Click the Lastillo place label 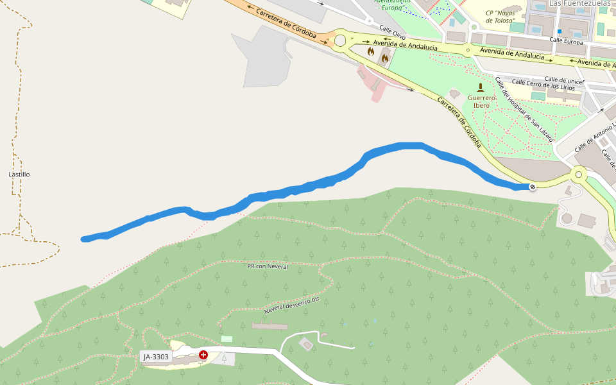coord(19,174)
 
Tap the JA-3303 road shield coord(156,357)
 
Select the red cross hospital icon coord(203,355)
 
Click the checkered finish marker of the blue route coord(533,187)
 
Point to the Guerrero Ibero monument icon coord(481,87)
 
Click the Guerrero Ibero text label coord(481,101)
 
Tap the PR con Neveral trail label coord(268,266)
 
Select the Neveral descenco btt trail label coord(291,305)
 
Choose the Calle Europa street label coord(567,42)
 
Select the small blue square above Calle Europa coord(560,31)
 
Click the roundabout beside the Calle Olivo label coord(340,41)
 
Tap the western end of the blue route coord(85,239)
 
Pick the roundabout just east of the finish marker coord(579,174)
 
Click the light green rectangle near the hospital coord(227,338)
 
